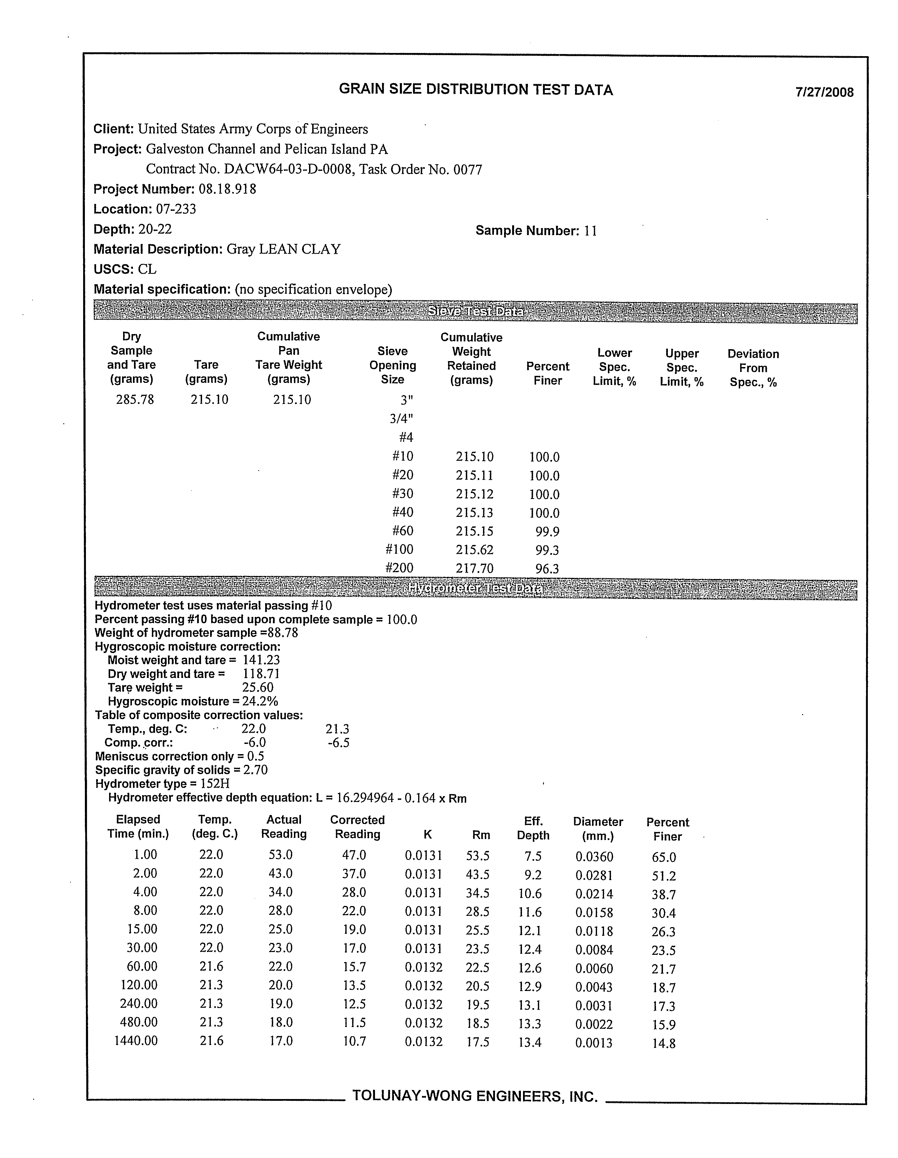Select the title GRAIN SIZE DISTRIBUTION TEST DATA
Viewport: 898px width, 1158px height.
point(476,89)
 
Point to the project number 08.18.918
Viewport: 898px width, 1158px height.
point(227,189)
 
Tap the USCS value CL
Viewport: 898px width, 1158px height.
point(147,269)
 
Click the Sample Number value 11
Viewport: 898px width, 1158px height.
point(590,231)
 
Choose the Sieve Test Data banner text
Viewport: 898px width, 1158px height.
point(476,312)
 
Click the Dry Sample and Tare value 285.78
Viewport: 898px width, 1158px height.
point(135,400)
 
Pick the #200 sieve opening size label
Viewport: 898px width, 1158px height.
point(399,568)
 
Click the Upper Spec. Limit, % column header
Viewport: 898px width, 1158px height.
point(682,367)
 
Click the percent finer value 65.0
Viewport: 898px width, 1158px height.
point(664,857)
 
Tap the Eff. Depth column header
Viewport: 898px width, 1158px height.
point(533,828)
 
